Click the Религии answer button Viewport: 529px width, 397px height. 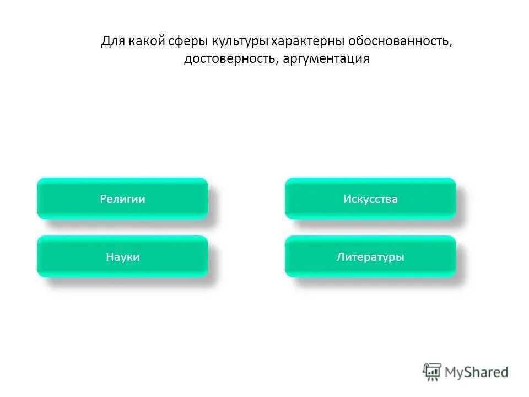(122, 198)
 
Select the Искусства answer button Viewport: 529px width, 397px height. (370, 198)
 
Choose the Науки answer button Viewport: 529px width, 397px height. (122, 256)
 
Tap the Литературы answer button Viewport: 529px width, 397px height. (370, 256)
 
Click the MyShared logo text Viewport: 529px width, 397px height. (477, 372)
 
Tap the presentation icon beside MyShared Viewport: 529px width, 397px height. (432, 372)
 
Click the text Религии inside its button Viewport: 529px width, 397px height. (122, 199)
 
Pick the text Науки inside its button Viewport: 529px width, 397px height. (122, 257)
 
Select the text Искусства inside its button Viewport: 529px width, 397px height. (370, 199)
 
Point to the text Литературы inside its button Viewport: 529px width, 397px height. (370, 257)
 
